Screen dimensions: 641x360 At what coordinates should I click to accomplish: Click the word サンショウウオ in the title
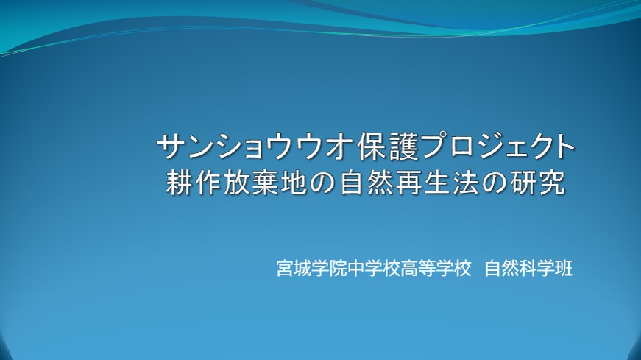(x=255, y=147)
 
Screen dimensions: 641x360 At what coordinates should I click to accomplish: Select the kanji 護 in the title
(x=404, y=147)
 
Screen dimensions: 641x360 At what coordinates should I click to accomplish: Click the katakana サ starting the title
(x=171, y=147)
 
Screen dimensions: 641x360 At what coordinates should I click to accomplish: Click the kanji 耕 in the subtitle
(x=180, y=183)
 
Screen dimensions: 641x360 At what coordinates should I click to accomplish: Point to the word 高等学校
(x=436, y=269)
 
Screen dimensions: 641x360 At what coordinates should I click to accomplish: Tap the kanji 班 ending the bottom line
(x=564, y=269)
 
